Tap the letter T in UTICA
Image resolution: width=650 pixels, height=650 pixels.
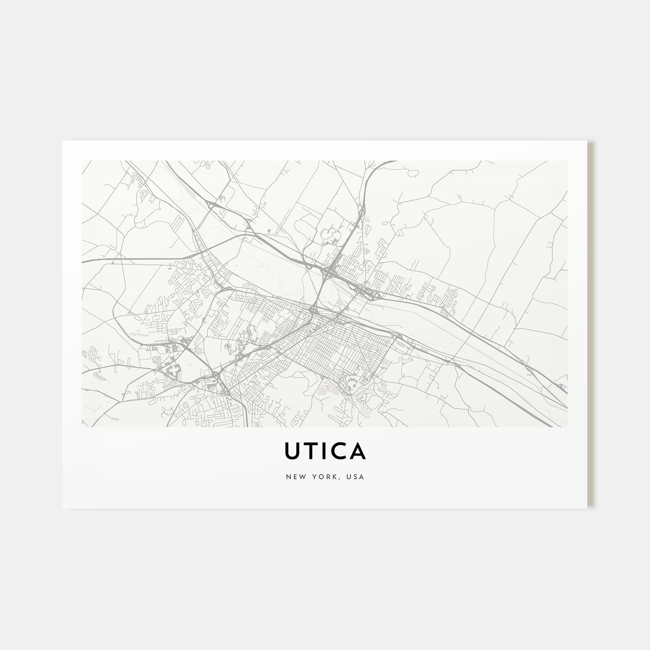(312, 450)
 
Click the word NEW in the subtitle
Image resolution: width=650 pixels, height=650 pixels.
(293, 477)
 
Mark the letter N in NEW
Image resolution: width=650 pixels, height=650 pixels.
(287, 477)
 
